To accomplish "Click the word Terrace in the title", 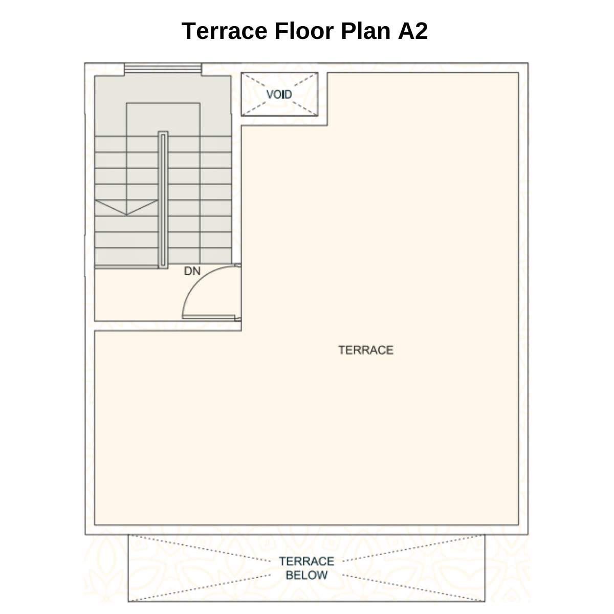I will [224, 31].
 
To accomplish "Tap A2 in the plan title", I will [412, 31].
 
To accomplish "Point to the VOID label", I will [279, 95].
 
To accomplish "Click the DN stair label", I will [192, 271].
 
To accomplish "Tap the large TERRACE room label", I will [365, 350].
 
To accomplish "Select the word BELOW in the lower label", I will [306, 575].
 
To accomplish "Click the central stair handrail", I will [163, 200].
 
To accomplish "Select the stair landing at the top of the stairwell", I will [163, 90].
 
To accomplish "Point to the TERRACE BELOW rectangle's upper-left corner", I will [128, 535].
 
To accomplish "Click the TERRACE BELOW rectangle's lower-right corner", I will [484, 601].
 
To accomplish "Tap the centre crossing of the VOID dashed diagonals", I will [279, 95].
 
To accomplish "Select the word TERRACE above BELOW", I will [306, 561].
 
